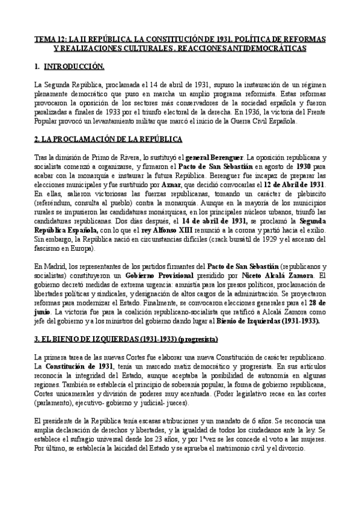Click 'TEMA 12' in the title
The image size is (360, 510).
click(47, 38)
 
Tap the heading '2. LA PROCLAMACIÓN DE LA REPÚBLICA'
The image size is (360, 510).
click(108, 140)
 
